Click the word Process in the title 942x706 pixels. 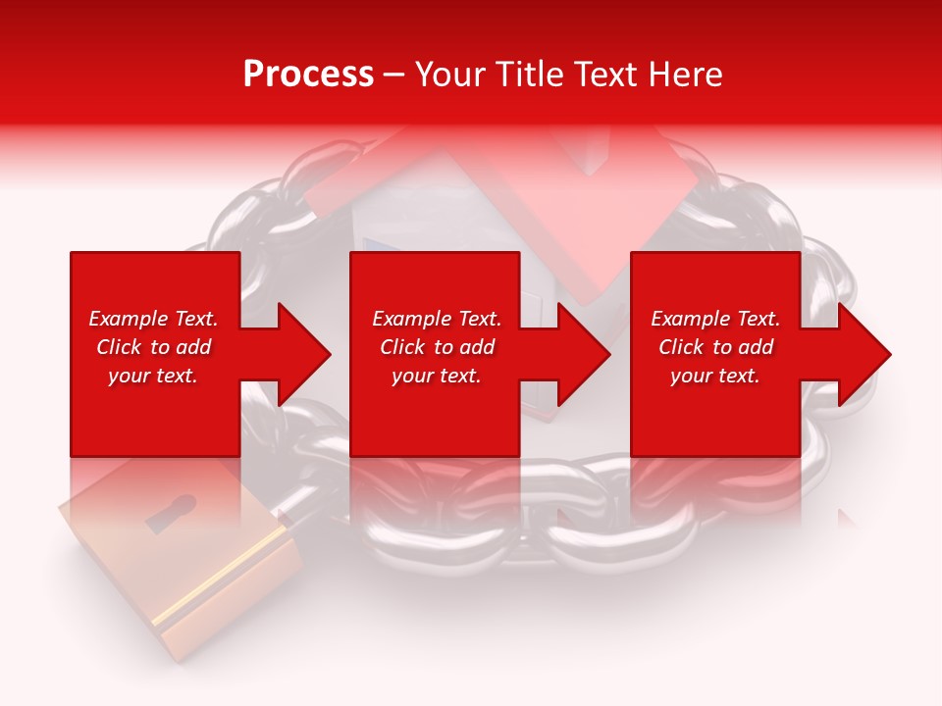pos(308,75)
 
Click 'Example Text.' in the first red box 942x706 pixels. pos(153,319)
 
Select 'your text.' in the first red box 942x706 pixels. pos(153,376)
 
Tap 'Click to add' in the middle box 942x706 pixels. pos(437,347)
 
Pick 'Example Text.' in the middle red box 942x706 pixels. pos(437,319)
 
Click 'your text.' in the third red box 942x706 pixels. pos(715,376)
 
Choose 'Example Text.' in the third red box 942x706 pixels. pos(715,319)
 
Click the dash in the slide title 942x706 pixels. pos(393,76)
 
